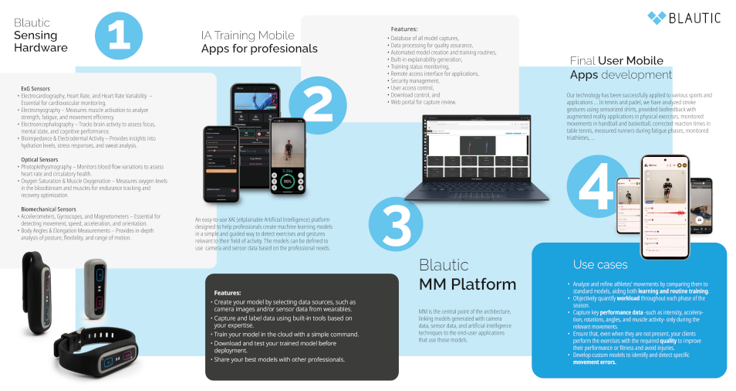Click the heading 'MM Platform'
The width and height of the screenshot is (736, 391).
(x=468, y=284)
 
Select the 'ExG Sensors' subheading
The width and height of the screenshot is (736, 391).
(x=35, y=90)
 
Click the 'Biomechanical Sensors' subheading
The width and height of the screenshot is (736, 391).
(x=49, y=209)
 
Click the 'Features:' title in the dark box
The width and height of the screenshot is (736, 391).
(x=228, y=293)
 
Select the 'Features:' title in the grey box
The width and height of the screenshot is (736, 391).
(x=404, y=29)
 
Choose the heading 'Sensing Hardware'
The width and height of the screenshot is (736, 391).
(x=41, y=41)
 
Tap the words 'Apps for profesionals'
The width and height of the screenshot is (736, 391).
(x=259, y=49)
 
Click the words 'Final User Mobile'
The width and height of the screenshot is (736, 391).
(x=616, y=60)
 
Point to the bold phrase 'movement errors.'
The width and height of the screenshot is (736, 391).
(x=595, y=362)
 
